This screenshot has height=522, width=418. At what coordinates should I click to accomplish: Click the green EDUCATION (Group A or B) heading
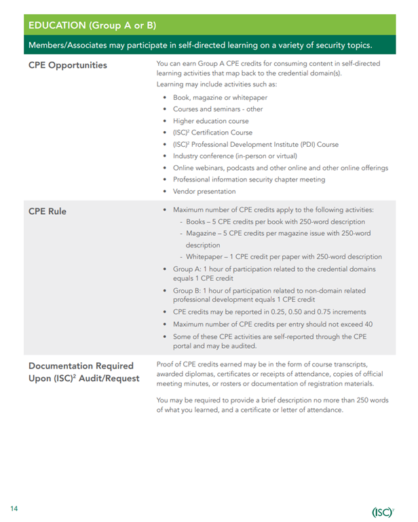pos(92,25)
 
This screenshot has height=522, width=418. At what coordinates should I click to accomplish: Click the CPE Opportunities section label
pos(68,65)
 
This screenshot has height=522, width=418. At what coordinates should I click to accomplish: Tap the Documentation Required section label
pos(81,366)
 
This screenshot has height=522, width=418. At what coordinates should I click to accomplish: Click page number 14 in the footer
pos(14,508)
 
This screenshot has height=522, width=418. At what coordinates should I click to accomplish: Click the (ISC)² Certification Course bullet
pos(212,133)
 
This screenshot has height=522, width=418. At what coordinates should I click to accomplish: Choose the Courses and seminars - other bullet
pos(218,109)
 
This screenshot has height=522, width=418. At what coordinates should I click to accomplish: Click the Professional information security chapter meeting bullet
pos(249,179)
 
